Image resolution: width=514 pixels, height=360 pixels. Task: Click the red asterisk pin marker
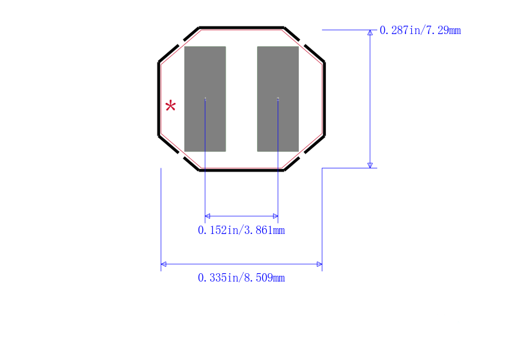(x=170, y=105)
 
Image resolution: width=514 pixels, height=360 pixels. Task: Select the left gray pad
(x=205, y=99)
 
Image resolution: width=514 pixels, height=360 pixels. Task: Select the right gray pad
(x=278, y=99)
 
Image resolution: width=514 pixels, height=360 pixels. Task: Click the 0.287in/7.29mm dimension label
(x=420, y=30)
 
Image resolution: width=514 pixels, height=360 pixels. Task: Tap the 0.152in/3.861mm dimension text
(x=242, y=230)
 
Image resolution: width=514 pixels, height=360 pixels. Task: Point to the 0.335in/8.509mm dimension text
(x=242, y=278)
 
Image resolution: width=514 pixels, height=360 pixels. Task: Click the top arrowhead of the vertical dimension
(x=370, y=32)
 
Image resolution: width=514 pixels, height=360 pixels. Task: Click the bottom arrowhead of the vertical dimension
(x=370, y=166)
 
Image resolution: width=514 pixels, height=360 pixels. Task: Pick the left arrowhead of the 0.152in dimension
(x=208, y=216)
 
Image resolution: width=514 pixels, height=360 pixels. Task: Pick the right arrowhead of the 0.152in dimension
(x=276, y=216)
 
